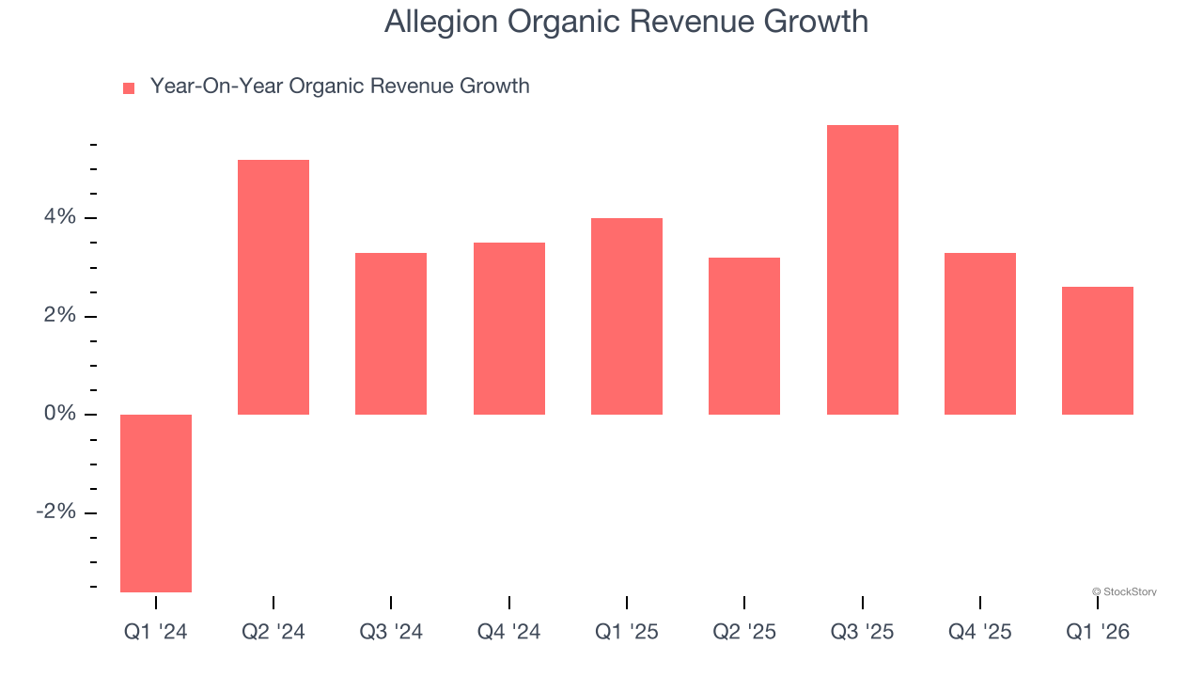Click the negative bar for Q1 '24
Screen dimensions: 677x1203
pos(156,503)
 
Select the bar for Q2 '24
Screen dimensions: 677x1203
pos(273,287)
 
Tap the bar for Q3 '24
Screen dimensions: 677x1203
pos(391,334)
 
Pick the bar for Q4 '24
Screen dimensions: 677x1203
pos(509,328)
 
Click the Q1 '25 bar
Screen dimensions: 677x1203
pos(627,316)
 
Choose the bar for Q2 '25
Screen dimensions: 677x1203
pos(744,336)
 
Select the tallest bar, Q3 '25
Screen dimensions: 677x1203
pos(863,270)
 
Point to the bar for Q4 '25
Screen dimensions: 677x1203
pos(980,334)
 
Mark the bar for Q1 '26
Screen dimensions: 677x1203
pos(1098,351)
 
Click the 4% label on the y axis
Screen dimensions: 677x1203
pos(59,217)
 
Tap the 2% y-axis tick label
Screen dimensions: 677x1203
pos(59,316)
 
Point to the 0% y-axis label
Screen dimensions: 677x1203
pos(59,414)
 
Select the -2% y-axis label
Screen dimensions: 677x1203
pos(55,512)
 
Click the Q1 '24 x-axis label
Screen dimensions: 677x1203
pos(156,632)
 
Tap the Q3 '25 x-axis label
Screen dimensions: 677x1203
pos(863,632)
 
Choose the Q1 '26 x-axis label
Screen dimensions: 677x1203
pos(1098,632)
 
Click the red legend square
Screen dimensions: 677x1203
pos(129,87)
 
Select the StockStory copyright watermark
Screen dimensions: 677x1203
pos(1124,591)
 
